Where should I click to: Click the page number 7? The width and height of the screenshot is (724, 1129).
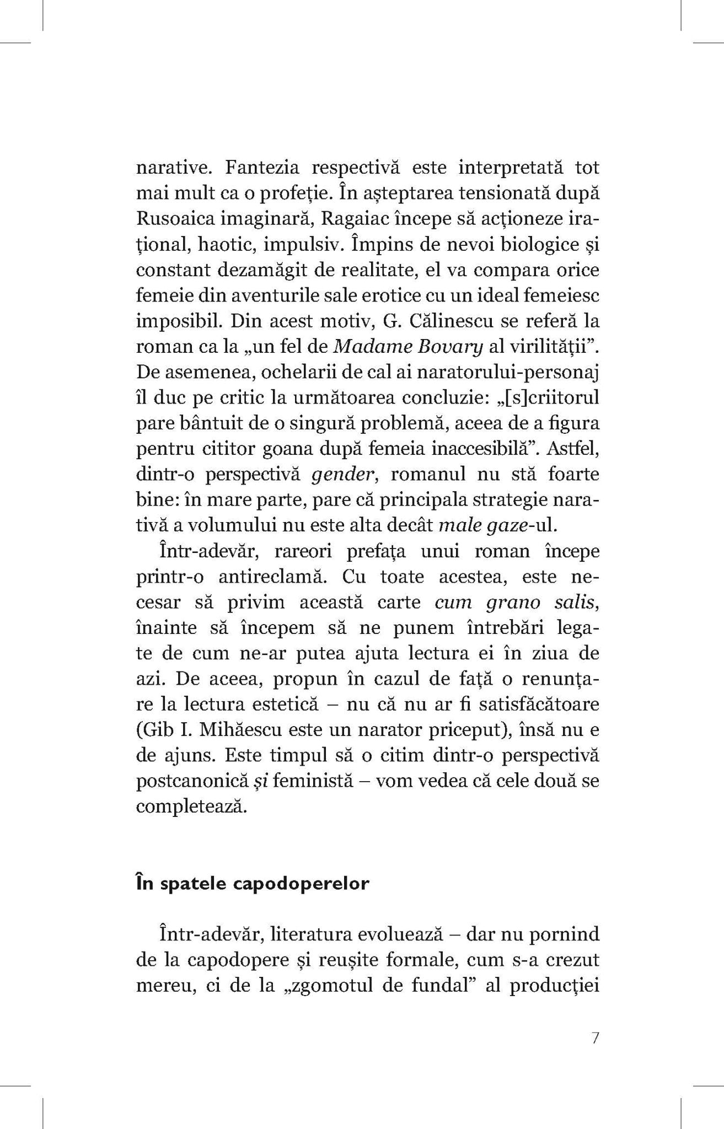594,1038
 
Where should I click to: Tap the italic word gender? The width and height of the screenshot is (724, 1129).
336,474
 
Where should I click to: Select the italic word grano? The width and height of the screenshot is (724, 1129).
515,602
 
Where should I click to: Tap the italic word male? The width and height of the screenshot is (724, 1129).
457,525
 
